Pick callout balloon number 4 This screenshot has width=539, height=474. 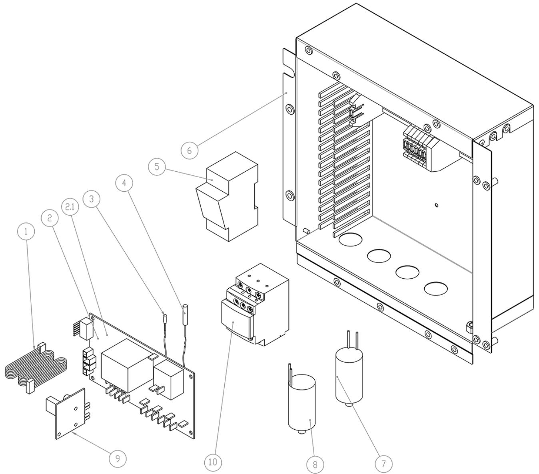click(124, 183)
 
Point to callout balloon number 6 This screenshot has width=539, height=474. click(190, 151)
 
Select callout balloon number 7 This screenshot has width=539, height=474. click(384, 463)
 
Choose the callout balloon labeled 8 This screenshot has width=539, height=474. click(315, 464)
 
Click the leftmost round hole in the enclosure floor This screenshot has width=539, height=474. click(351, 239)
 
